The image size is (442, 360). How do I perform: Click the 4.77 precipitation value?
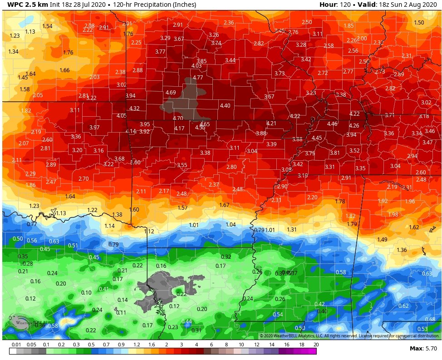pyautogui.click(x=198, y=78)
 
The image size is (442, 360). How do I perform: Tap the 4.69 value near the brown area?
pyautogui.click(x=171, y=93)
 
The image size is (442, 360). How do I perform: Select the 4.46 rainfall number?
pyautogui.click(x=332, y=124)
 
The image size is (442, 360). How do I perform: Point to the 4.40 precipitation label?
pyautogui.click(x=225, y=106)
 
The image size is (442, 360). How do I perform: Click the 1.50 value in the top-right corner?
pyautogui.click(x=419, y=23)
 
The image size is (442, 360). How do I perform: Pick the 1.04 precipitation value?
pyautogui.click(x=231, y=225)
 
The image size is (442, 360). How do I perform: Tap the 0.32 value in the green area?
pyautogui.click(x=226, y=257)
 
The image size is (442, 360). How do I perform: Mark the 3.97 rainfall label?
pyautogui.click(x=94, y=128)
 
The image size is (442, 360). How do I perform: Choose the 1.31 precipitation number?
pyautogui.click(x=291, y=230)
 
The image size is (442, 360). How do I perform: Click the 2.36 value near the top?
pyautogui.click(x=229, y=23)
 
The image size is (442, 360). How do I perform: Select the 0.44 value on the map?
pyautogui.click(x=187, y=321)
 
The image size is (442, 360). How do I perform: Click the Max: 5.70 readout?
pyautogui.click(x=423, y=348)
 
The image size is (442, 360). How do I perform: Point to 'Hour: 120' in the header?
pyautogui.click(x=335, y=5)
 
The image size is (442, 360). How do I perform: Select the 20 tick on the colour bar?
pyautogui.click(x=315, y=345)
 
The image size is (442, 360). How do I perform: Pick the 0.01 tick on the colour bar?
pyautogui.click(x=17, y=345)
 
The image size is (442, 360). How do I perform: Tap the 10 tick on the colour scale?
pyautogui.click(x=241, y=345)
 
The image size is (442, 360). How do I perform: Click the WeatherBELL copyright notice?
pyautogui.click(x=349, y=336)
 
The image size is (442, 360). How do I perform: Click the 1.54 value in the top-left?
pyautogui.click(x=47, y=26)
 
